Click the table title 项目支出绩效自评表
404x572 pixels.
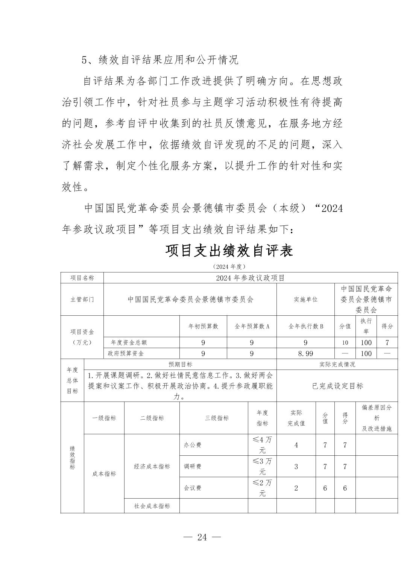pos(229,251)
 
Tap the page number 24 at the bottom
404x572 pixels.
pos(202,537)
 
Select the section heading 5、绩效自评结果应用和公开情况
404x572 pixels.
pos(160,59)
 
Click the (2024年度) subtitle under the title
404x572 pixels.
pos(229,266)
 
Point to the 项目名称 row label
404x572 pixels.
pos(82,278)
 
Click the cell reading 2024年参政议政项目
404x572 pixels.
pos(250,278)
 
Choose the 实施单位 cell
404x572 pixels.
pos(305,299)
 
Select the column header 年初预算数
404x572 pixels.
pos(203,326)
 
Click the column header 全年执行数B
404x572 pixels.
pos(305,326)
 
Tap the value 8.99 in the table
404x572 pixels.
pos(305,353)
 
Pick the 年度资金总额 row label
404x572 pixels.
pos(129,342)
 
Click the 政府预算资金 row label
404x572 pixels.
pos(126,353)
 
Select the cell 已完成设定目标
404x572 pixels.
pos(337,386)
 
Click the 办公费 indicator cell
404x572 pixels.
pos(193,445)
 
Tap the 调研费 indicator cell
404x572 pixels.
pos(193,466)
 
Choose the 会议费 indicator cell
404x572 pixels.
pos(193,488)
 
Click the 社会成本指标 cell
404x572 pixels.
pos(152,506)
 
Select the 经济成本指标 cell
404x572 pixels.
pos(152,466)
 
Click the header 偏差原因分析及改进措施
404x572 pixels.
pos(377,418)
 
